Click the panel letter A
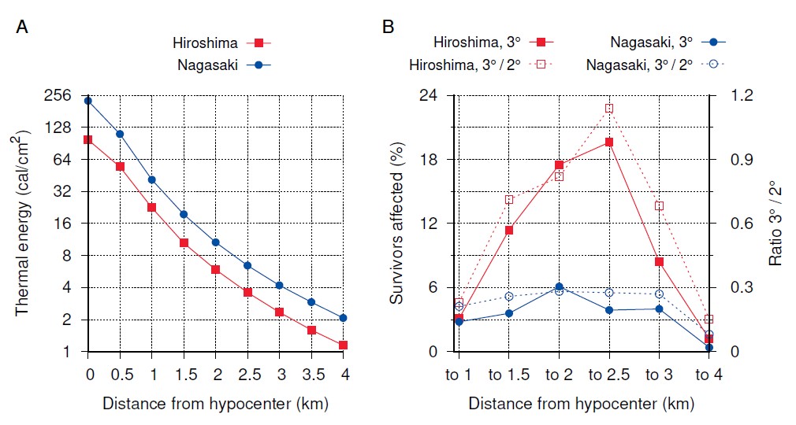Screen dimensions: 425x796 click(23, 27)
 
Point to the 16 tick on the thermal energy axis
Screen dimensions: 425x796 click(65, 224)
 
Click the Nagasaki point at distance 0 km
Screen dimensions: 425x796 click(88, 101)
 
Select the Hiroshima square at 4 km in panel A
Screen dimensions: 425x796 click(344, 345)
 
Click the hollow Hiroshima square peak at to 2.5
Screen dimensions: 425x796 click(608, 109)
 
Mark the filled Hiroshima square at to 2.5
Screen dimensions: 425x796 click(608, 142)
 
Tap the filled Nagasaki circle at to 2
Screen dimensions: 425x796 click(559, 287)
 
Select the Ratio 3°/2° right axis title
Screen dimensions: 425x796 click(776, 224)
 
